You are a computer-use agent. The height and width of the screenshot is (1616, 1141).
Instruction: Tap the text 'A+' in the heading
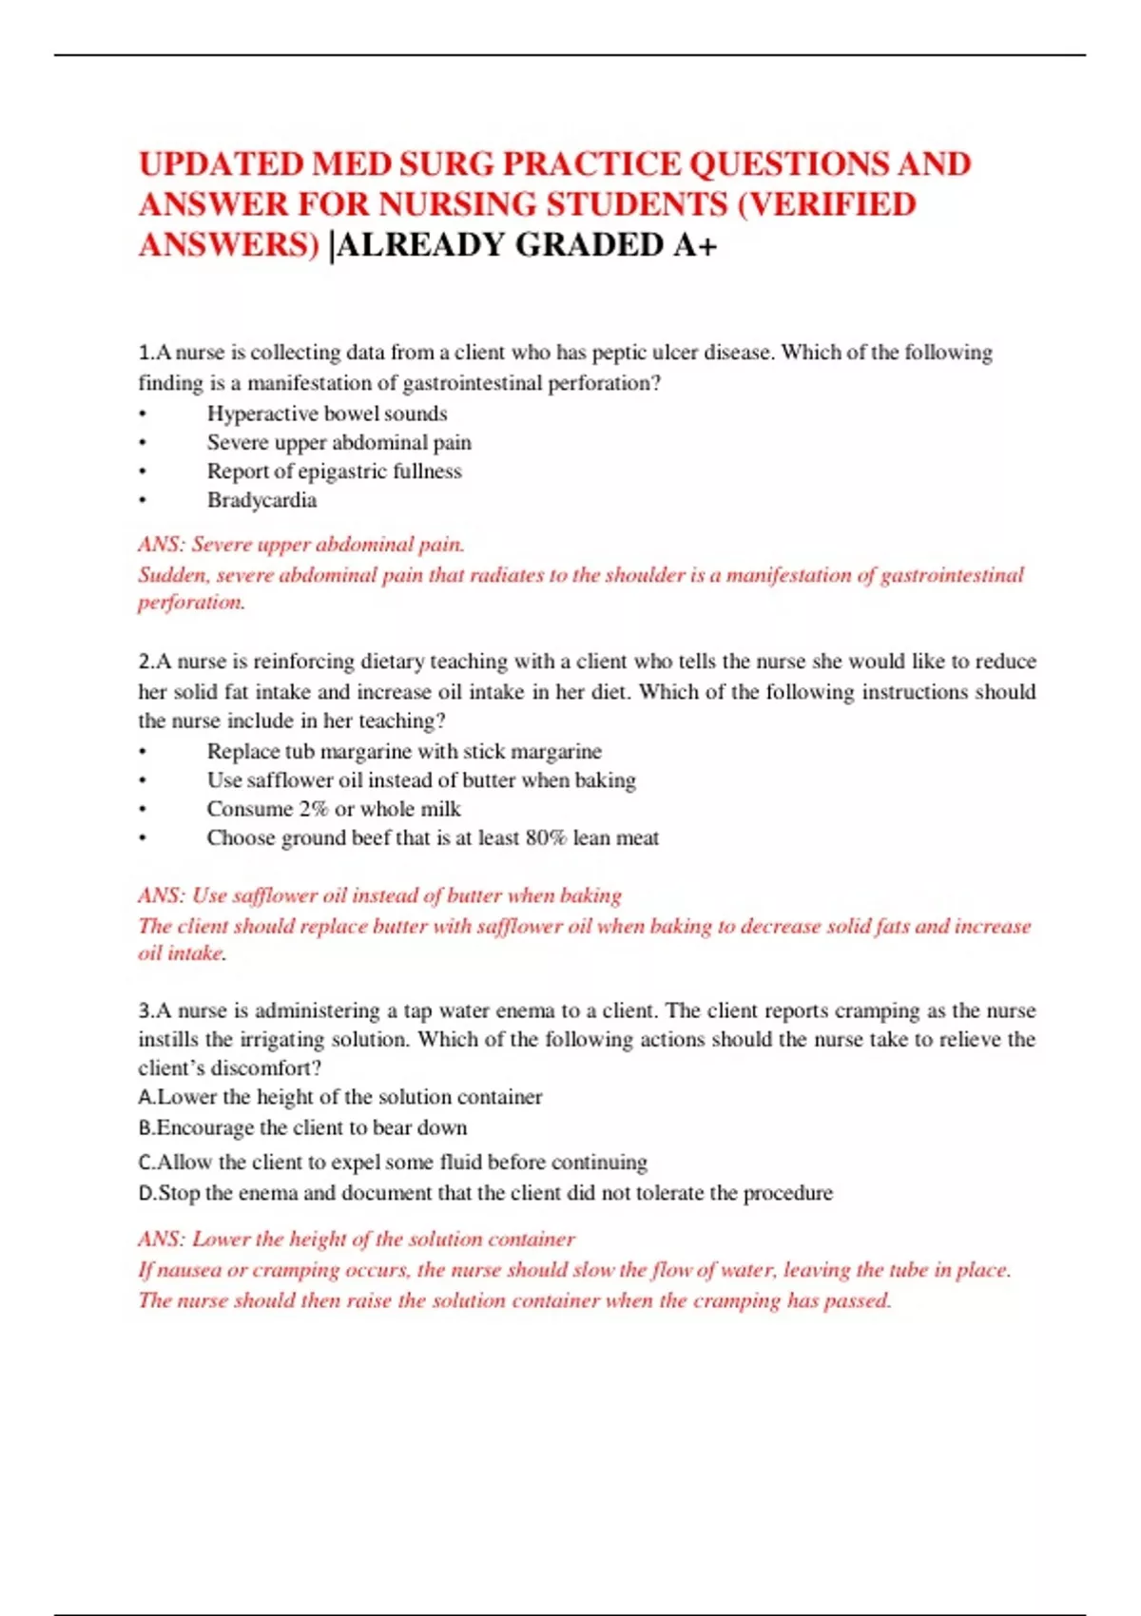click(x=695, y=245)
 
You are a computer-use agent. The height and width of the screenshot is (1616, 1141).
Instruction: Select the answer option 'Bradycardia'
click(x=261, y=500)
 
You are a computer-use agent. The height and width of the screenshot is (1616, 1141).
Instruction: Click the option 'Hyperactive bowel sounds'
click(x=327, y=414)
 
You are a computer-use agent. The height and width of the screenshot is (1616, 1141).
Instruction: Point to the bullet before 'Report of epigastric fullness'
click(x=143, y=471)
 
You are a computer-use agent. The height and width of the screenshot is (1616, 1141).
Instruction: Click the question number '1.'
click(x=146, y=353)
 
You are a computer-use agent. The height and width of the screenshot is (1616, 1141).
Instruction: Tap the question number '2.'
click(x=146, y=662)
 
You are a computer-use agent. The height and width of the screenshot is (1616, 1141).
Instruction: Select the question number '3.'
click(x=146, y=1010)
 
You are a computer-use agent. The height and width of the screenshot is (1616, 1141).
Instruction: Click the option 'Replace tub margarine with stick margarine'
click(x=404, y=751)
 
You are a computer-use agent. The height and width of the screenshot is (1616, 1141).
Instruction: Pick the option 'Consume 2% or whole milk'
click(x=334, y=809)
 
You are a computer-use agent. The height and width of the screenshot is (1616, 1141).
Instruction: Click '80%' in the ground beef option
click(x=546, y=837)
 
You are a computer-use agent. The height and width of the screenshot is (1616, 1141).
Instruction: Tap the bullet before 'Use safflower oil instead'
click(x=143, y=780)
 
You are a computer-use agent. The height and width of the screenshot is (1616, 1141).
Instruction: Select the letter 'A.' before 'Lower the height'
click(x=146, y=1097)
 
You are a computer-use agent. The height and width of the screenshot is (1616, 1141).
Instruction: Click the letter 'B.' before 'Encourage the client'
click(x=146, y=1127)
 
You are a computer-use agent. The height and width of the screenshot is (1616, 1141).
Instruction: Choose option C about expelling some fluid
click(x=392, y=1162)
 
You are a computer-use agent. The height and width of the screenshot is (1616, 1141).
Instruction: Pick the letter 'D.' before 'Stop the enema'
click(x=147, y=1193)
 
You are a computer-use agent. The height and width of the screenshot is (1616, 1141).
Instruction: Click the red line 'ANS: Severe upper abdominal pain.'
click(x=301, y=545)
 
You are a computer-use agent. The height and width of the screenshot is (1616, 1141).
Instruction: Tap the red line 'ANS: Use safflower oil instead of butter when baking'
click(x=379, y=895)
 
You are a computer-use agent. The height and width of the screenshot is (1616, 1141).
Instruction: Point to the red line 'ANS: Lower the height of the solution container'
click(x=357, y=1240)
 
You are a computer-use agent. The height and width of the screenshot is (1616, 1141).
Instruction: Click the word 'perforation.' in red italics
click(x=192, y=603)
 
